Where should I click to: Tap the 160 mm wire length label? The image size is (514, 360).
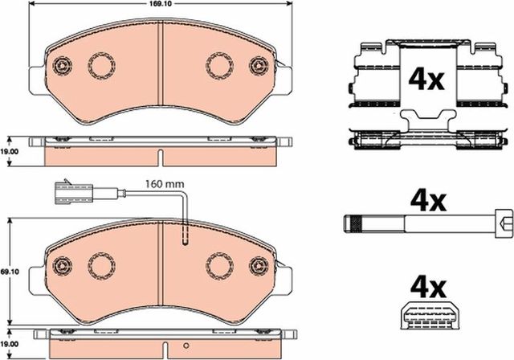coord(165,184)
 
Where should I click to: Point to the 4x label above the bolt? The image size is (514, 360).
coord(428,202)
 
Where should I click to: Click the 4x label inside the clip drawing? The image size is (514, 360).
coord(426,80)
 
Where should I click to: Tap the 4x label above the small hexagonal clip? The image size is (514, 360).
coord(428,288)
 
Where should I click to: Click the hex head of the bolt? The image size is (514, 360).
coord(504,223)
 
